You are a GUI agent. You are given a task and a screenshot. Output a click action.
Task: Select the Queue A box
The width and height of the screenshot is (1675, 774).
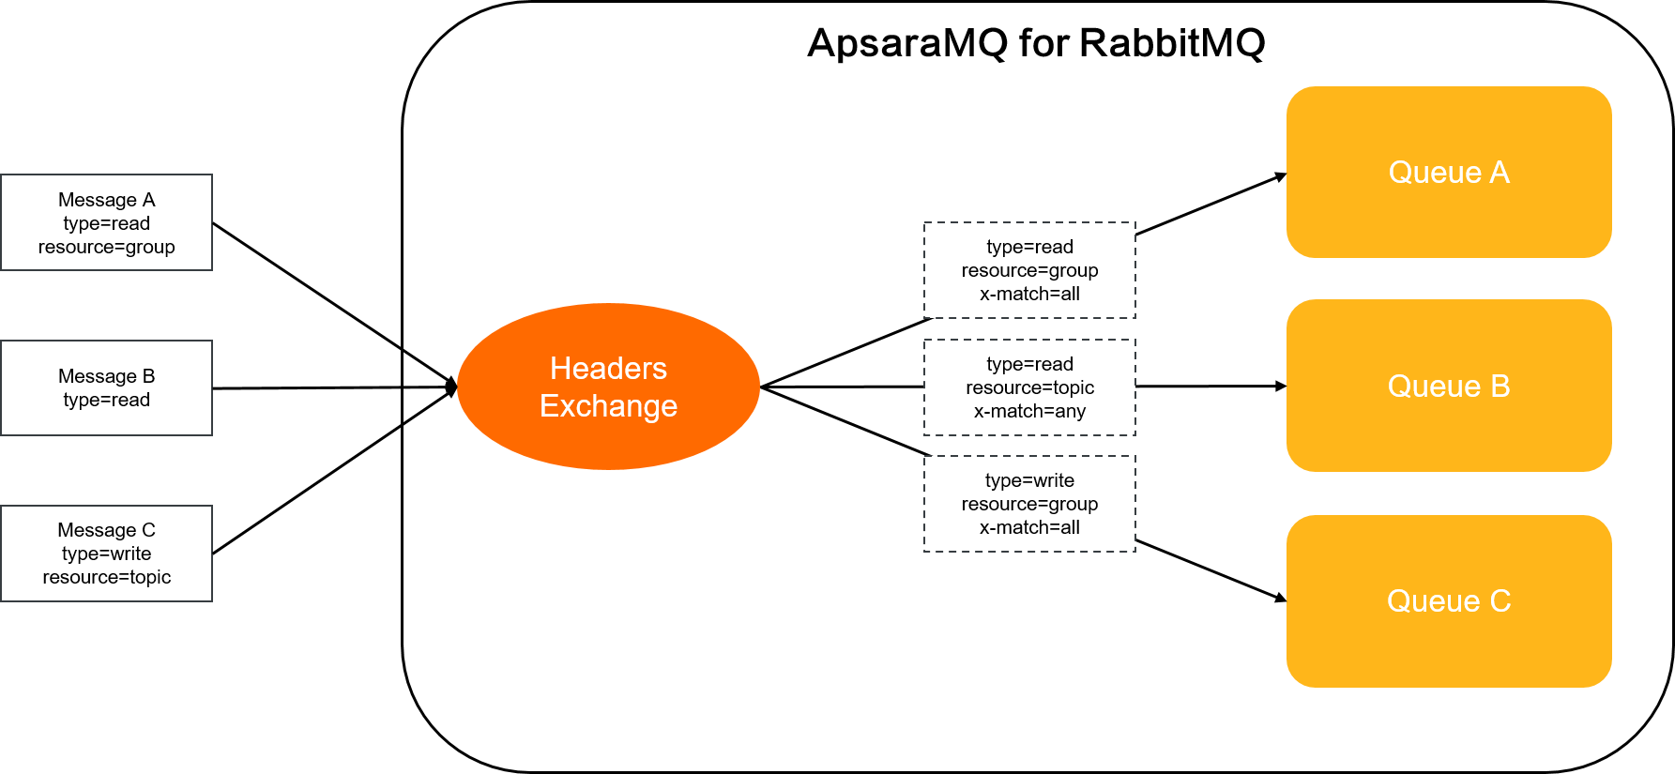tap(1449, 173)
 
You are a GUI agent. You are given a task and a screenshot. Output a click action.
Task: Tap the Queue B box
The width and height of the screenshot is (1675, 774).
tap(1449, 386)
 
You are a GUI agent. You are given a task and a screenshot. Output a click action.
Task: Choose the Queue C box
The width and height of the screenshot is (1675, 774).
tap(1449, 600)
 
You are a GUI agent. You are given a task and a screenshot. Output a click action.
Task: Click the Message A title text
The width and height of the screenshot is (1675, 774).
tap(106, 200)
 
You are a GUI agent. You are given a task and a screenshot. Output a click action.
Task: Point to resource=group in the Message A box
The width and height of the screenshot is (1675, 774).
tap(106, 247)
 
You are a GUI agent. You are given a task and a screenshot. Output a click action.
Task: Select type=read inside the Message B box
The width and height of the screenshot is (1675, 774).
tap(106, 400)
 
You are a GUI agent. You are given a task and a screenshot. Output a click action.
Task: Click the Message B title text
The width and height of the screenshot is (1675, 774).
tap(106, 376)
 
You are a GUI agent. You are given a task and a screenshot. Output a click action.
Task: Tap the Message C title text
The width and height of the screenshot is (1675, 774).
tap(106, 530)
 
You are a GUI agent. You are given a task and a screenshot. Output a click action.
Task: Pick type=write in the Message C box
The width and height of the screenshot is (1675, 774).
tap(106, 554)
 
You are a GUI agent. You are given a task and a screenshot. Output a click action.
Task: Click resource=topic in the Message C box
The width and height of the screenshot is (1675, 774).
tap(106, 577)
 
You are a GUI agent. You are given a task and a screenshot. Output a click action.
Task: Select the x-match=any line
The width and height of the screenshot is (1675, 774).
tap(1029, 411)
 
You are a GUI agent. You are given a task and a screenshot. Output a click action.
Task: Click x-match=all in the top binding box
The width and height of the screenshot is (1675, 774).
tap(1029, 294)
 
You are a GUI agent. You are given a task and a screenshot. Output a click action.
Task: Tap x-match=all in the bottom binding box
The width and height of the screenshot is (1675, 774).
tap(1029, 527)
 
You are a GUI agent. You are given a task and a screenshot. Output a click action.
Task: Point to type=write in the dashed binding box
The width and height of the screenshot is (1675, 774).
tap(1029, 480)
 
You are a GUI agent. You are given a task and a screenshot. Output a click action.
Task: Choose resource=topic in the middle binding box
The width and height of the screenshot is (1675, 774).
tap(1029, 387)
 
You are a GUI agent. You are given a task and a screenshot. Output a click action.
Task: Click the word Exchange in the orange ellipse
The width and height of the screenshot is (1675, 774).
tap(608, 406)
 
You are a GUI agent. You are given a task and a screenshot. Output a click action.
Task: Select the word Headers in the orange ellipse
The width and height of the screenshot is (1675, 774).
tap(608, 369)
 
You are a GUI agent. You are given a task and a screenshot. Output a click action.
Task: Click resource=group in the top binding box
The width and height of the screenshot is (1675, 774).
tap(1029, 270)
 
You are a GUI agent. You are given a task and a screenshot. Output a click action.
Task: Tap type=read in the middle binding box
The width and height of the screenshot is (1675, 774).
tap(1029, 364)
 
